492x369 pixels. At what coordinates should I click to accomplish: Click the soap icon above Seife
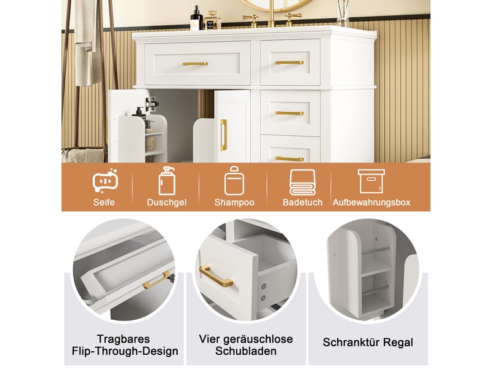[105, 180]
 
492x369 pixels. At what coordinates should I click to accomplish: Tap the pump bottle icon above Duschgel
[167, 181]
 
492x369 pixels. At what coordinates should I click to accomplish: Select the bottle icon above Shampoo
[234, 181]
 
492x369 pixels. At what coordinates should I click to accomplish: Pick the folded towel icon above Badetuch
[303, 182]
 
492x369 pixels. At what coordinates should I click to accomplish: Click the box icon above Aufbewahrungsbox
[371, 181]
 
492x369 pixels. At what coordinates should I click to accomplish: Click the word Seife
[104, 202]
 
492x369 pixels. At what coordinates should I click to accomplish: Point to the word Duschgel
[167, 203]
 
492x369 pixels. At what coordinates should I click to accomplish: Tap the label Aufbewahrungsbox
[371, 203]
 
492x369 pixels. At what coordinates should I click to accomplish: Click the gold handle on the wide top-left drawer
[195, 64]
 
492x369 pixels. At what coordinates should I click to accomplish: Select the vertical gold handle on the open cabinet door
[223, 135]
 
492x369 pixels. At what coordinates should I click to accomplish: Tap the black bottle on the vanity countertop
[196, 18]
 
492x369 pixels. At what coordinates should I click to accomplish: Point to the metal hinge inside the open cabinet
[151, 104]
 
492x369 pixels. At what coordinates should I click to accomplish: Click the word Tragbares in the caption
[124, 339]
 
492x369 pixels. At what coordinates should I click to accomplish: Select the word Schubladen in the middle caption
[245, 351]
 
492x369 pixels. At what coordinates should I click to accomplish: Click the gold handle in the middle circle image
[216, 276]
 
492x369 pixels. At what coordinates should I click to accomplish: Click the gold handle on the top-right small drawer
[289, 63]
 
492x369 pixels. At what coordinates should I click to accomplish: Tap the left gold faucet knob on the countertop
[250, 20]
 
